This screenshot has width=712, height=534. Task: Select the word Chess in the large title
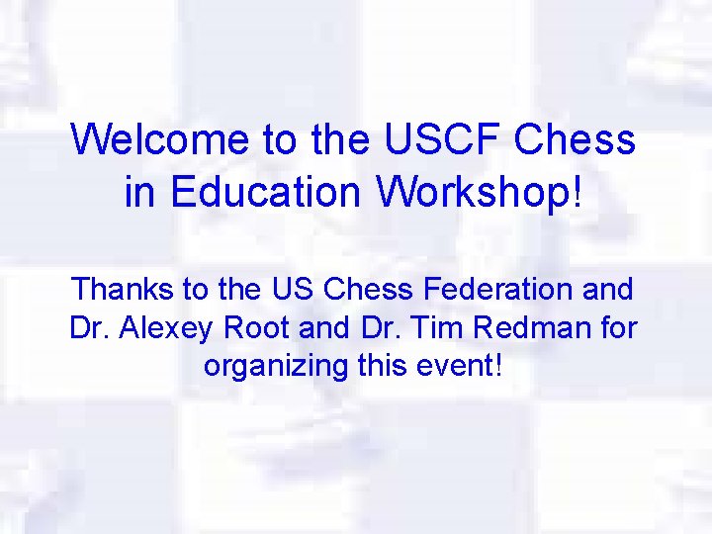click(576, 139)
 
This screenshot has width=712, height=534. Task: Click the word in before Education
click(138, 192)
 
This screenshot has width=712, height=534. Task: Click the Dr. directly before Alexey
click(89, 327)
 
